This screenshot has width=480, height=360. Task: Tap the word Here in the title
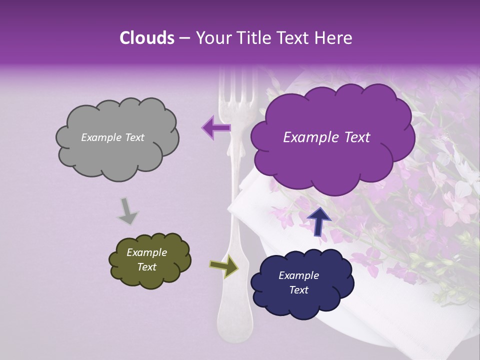click(x=333, y=38)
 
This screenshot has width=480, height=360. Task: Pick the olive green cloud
click(x=149, y=260)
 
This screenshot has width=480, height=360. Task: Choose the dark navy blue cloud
click(x=301, y=282)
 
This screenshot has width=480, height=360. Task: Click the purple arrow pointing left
click(x=216, y=127)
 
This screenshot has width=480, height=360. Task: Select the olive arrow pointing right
click(x=224, y=266)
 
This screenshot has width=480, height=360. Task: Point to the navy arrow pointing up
click(x=319, y=221)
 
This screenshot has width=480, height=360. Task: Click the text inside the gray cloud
click(x=112, y=137)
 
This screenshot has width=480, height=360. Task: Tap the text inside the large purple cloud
click(x=326, y=137)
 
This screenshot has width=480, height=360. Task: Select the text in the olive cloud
click(x=146, y=259)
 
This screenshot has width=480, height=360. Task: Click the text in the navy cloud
click(x=298, y=282)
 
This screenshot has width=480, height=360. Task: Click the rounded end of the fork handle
click(x=233, y=325)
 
